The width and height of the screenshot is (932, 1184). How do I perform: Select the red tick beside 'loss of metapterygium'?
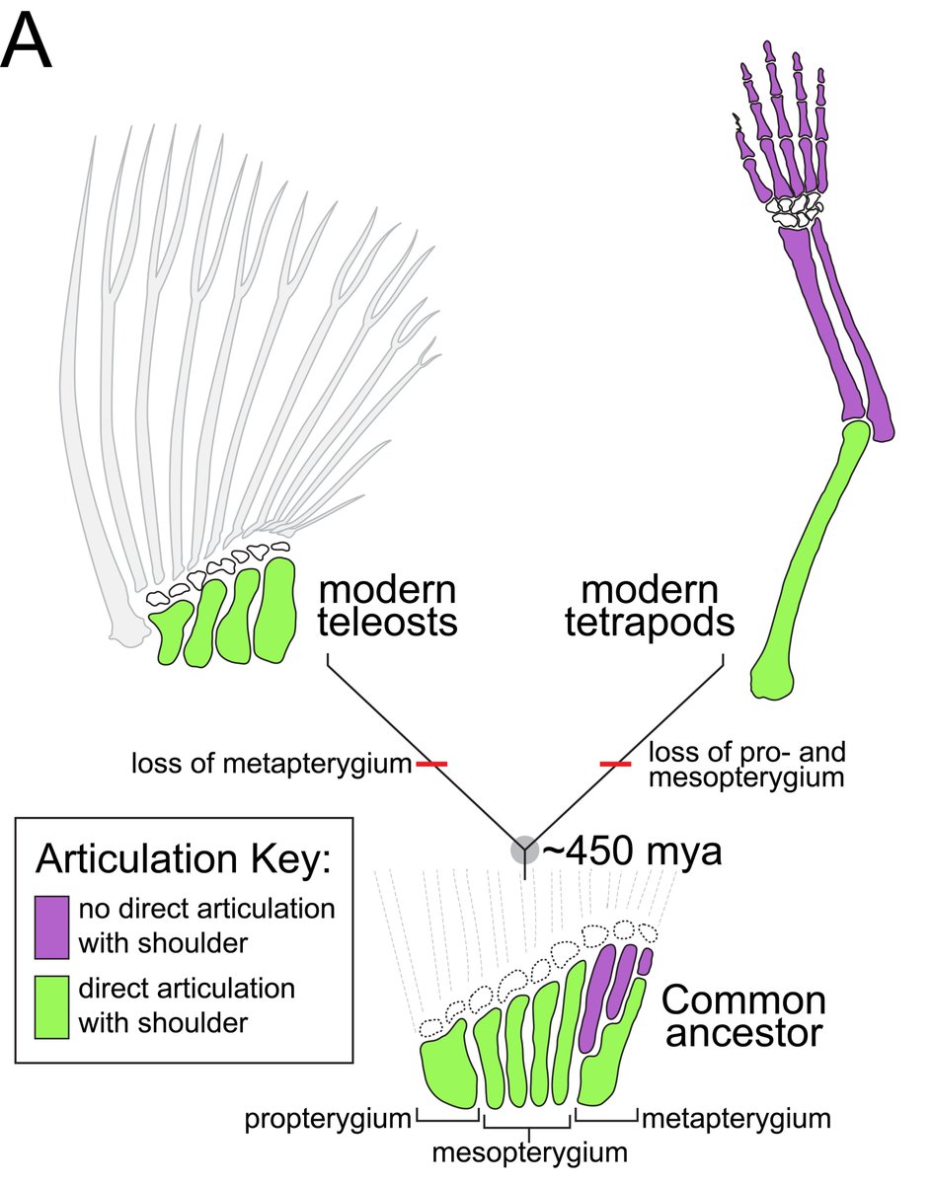coord(431,764)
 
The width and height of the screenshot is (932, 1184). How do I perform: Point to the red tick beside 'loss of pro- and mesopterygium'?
coord(615,764)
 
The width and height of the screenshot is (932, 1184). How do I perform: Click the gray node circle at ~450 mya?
coord(523,851)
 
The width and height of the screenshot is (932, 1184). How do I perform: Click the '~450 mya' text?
coord(632,851)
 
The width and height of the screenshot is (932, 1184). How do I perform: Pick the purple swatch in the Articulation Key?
coord(50,925)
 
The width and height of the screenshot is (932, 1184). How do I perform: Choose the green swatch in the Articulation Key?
coord(50,1005)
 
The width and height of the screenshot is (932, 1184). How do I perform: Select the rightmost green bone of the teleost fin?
coord(275,610)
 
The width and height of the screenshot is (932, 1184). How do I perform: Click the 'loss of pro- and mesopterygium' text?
coord(747,765)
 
